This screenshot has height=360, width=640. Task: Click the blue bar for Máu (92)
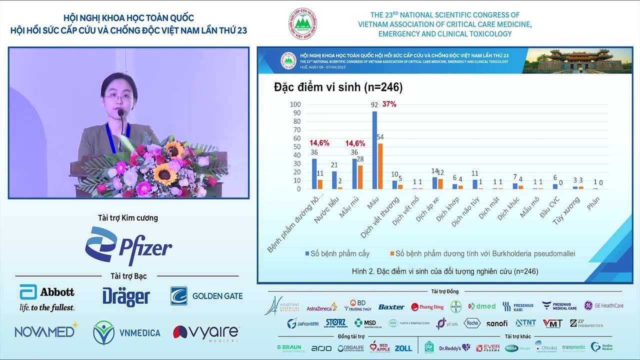[x=374, y=150]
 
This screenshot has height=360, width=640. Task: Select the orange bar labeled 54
[x=380, y=166]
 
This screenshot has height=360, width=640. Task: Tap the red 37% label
[x=389, y=104]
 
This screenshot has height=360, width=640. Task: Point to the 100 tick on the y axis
[x=295, y=104]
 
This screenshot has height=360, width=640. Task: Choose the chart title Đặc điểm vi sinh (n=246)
[x=338, y=87]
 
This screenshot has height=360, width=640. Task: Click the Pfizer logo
[x=128, y=246]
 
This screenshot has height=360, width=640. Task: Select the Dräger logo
[x=126, y=296]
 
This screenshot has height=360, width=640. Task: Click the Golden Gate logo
[x=206, y=296]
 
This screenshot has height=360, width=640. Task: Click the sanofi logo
[x=497, y=323]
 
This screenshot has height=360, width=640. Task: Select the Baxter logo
[x=391, y=307]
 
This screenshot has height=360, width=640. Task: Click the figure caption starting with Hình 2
[x=445, y=271]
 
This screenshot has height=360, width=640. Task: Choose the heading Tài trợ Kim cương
[x=128, y=218]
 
